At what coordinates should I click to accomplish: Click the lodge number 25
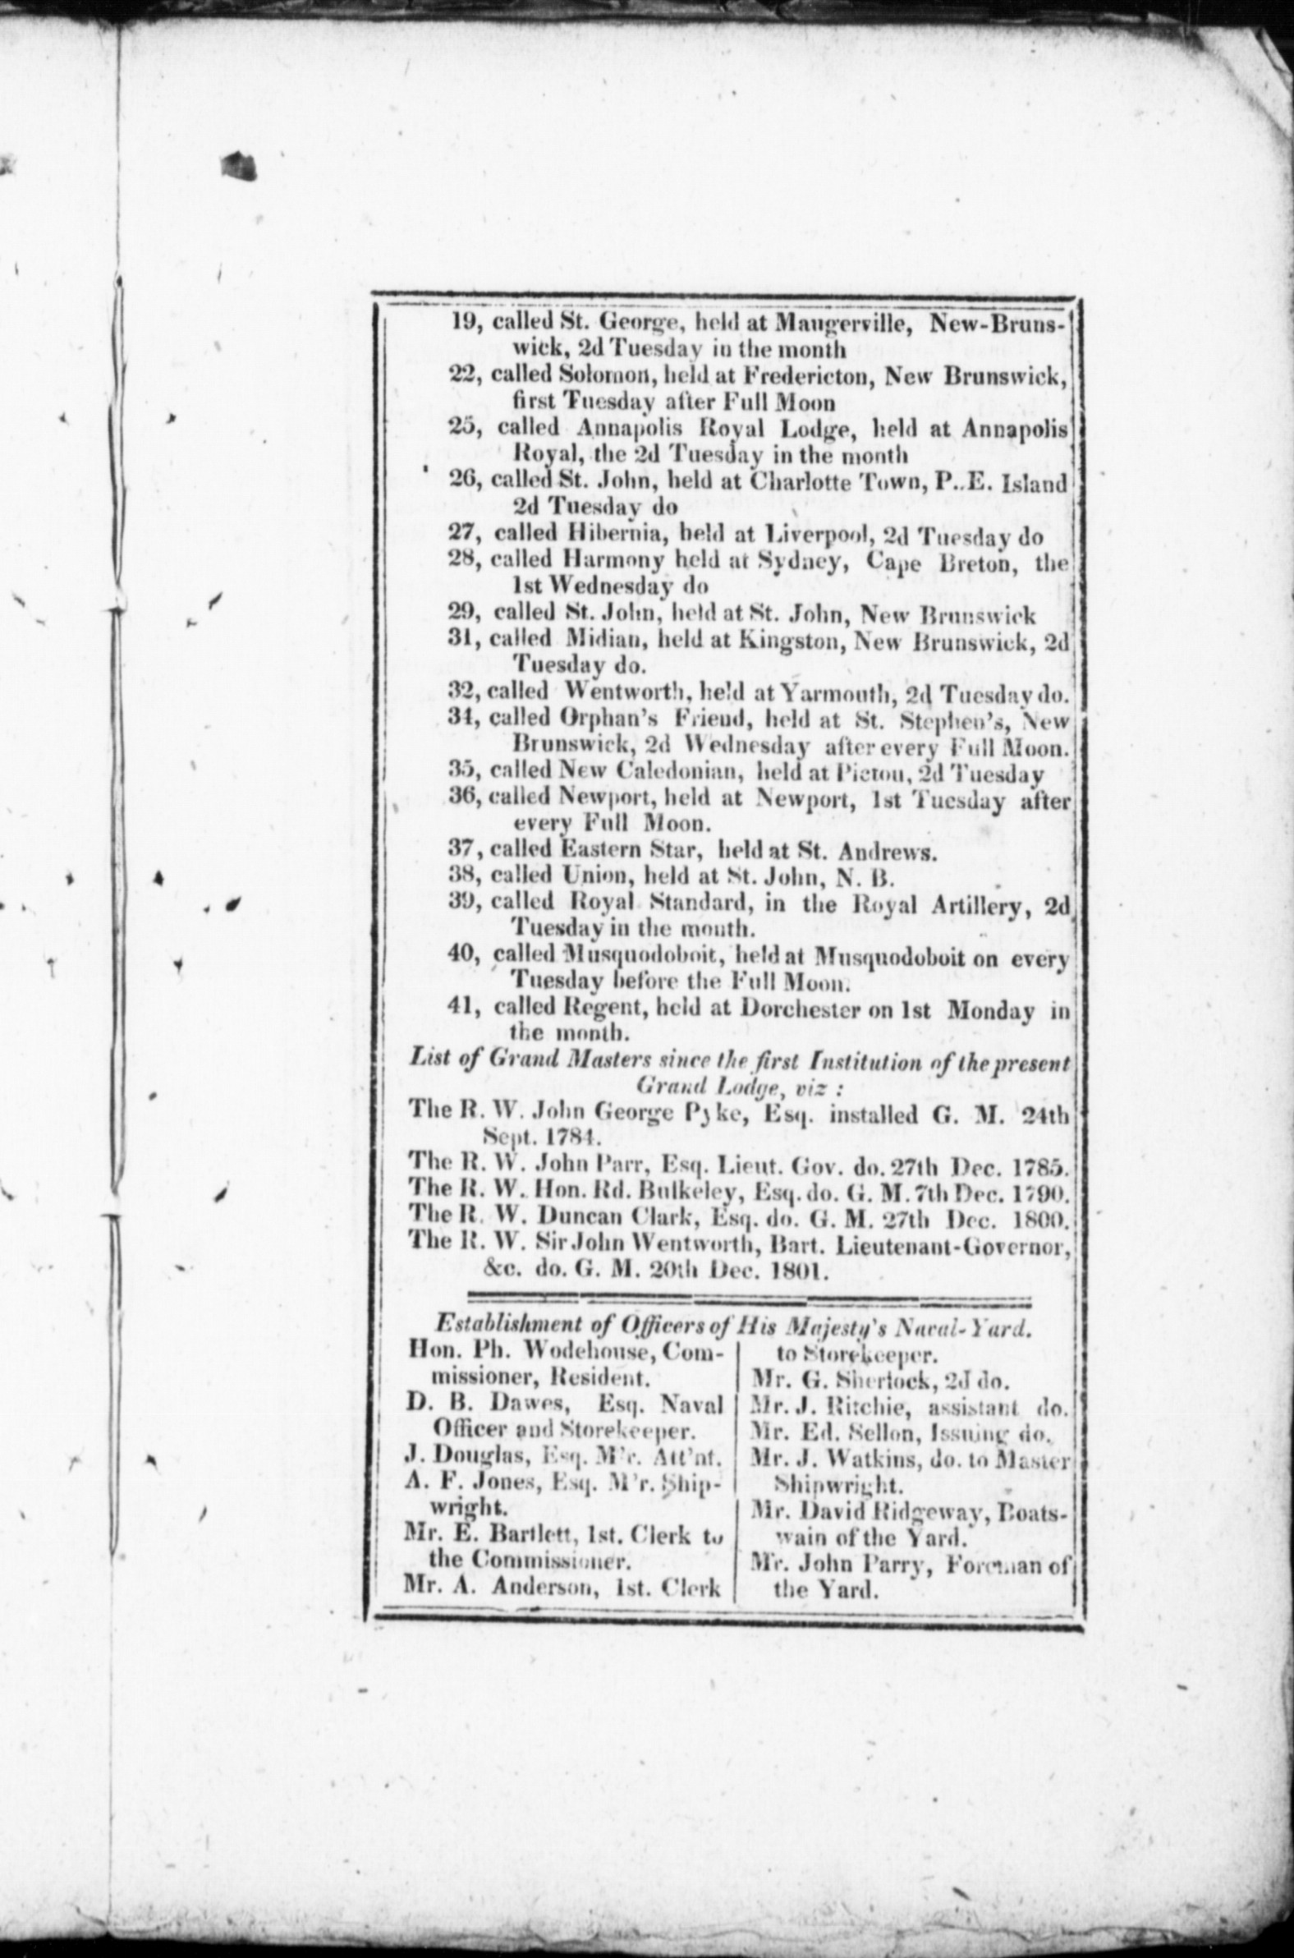coord(465,428)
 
